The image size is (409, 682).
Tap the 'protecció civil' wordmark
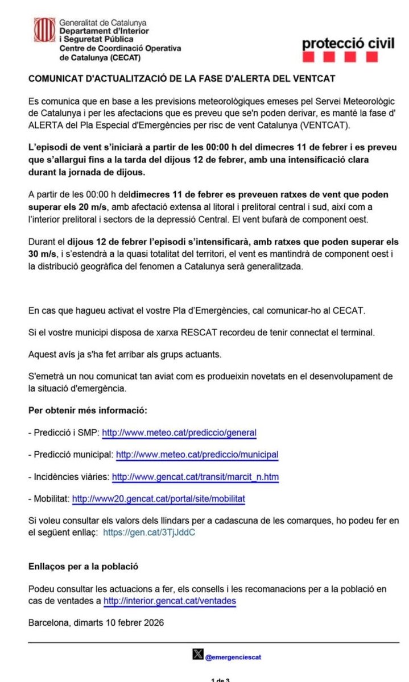[x=348, y=43]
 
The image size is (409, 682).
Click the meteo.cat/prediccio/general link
[x=179, y=433]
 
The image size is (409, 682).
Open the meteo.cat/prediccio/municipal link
[x=197, y=455]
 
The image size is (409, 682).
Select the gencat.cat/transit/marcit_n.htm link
[x=195, y=477]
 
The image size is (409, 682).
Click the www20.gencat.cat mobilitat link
[x=158, y=499]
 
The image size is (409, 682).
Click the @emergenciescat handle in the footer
[x=233, y=657]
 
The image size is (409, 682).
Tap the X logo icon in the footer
[x=197, y=656]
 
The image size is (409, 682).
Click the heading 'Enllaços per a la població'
[x=83, y=566]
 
